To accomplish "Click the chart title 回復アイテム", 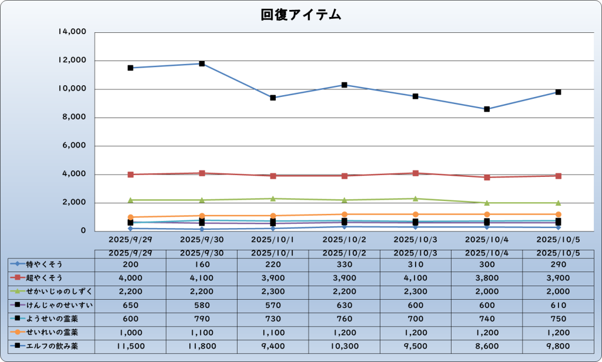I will tap(301, 15).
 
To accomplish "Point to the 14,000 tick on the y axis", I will tap(72, 32).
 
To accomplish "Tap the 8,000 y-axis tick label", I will tap(74, 118).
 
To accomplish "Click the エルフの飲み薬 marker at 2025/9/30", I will tap(202, 63).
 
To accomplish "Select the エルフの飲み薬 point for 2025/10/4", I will tap(487, 109).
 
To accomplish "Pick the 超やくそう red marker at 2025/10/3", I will tap(416, 173).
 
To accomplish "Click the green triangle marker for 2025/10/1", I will tap(273, 199).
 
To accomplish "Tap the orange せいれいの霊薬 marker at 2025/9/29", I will tap(130, 217).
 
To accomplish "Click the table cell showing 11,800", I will tap(202, 346).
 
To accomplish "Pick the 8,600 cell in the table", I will tap(487, 346).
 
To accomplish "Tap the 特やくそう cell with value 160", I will tap(202, 264).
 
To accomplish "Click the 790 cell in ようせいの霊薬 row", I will tap(202, 319).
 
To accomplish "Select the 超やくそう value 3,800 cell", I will tap(487, 278).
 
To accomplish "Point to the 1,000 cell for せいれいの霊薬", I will tap(130, 333).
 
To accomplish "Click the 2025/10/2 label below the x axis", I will tap(344, 240).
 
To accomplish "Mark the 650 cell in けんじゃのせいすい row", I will tap(130, 305).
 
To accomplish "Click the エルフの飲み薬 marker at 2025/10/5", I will tap(558, 92).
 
